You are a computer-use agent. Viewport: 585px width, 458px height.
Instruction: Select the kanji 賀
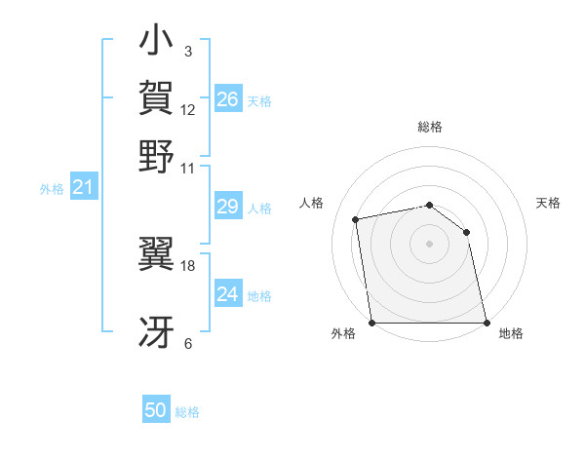157,98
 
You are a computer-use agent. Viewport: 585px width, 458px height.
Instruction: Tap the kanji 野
157,157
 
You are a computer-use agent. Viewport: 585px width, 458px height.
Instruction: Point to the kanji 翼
157,254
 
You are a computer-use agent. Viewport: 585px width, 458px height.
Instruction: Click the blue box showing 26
227,98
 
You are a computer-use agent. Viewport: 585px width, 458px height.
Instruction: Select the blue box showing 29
227,206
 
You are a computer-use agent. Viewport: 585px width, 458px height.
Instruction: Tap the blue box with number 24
227,293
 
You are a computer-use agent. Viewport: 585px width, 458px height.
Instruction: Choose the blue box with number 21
83,187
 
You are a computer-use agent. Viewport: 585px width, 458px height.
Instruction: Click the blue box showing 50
156,410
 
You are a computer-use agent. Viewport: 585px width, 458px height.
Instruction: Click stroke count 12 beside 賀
188,109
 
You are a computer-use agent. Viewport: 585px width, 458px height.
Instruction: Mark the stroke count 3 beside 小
188,51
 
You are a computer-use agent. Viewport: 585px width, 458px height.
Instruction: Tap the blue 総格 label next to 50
187,412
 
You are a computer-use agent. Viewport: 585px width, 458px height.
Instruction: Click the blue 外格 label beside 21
52,189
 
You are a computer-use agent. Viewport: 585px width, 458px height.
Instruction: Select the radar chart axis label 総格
429,127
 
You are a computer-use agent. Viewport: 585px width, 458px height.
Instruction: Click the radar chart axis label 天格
548,203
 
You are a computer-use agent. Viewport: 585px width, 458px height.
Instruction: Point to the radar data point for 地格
487,323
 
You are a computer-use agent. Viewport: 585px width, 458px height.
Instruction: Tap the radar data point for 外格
371,323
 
